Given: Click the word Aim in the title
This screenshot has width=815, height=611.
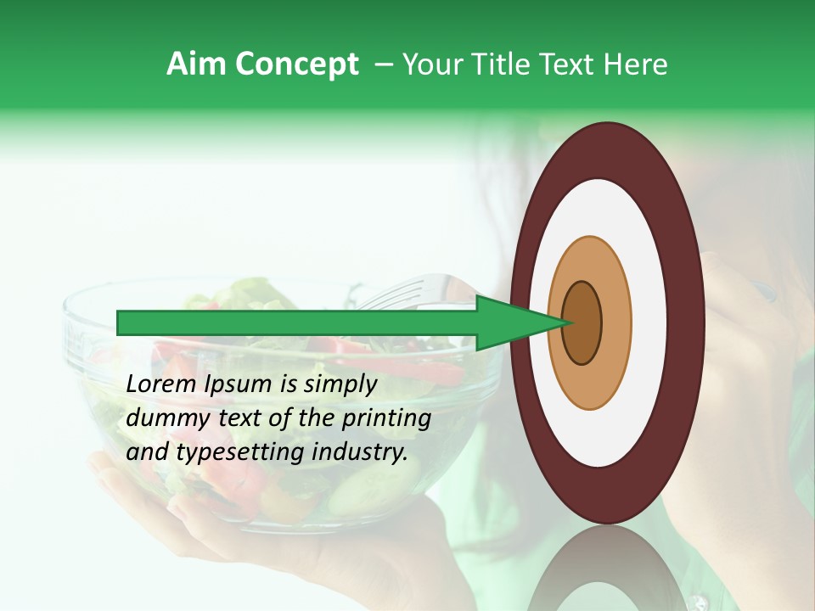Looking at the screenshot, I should click(x=197, y=64).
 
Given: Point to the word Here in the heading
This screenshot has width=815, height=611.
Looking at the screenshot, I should click(x=637, y=64).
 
